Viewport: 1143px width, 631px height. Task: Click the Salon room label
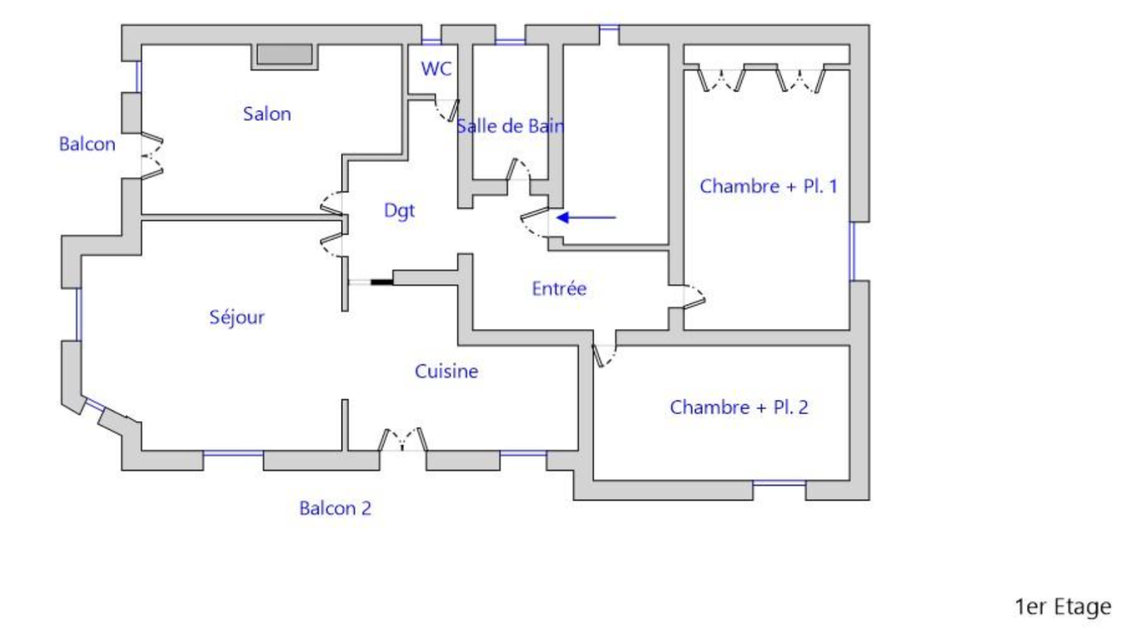pos(267,113)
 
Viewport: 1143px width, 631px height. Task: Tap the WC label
pos(436,69)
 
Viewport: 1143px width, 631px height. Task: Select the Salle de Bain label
pos(510,126)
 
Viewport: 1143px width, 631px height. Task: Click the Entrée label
pos(559,288)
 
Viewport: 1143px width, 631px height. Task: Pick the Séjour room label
pos(236,318)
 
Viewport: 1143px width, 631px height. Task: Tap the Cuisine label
pos(446,371)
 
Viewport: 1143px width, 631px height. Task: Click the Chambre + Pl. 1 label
pos(769,186)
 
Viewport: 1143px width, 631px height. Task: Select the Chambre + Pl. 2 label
pos(739,408)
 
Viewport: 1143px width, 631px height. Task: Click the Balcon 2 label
pos(335,508)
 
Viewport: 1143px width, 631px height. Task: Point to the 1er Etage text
pos(1063,607)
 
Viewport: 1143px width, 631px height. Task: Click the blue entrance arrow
pos(586,218)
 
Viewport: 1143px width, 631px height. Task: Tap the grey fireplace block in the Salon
pos(284,54)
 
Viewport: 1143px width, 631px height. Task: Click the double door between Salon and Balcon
pos(152,156)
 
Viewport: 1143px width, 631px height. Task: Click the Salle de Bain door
pos(518,169)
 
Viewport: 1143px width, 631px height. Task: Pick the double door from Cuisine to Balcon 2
pos(403,440)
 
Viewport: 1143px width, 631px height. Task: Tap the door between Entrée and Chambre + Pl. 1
pos(694,297)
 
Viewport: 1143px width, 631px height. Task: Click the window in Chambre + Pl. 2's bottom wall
pos(779,482)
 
